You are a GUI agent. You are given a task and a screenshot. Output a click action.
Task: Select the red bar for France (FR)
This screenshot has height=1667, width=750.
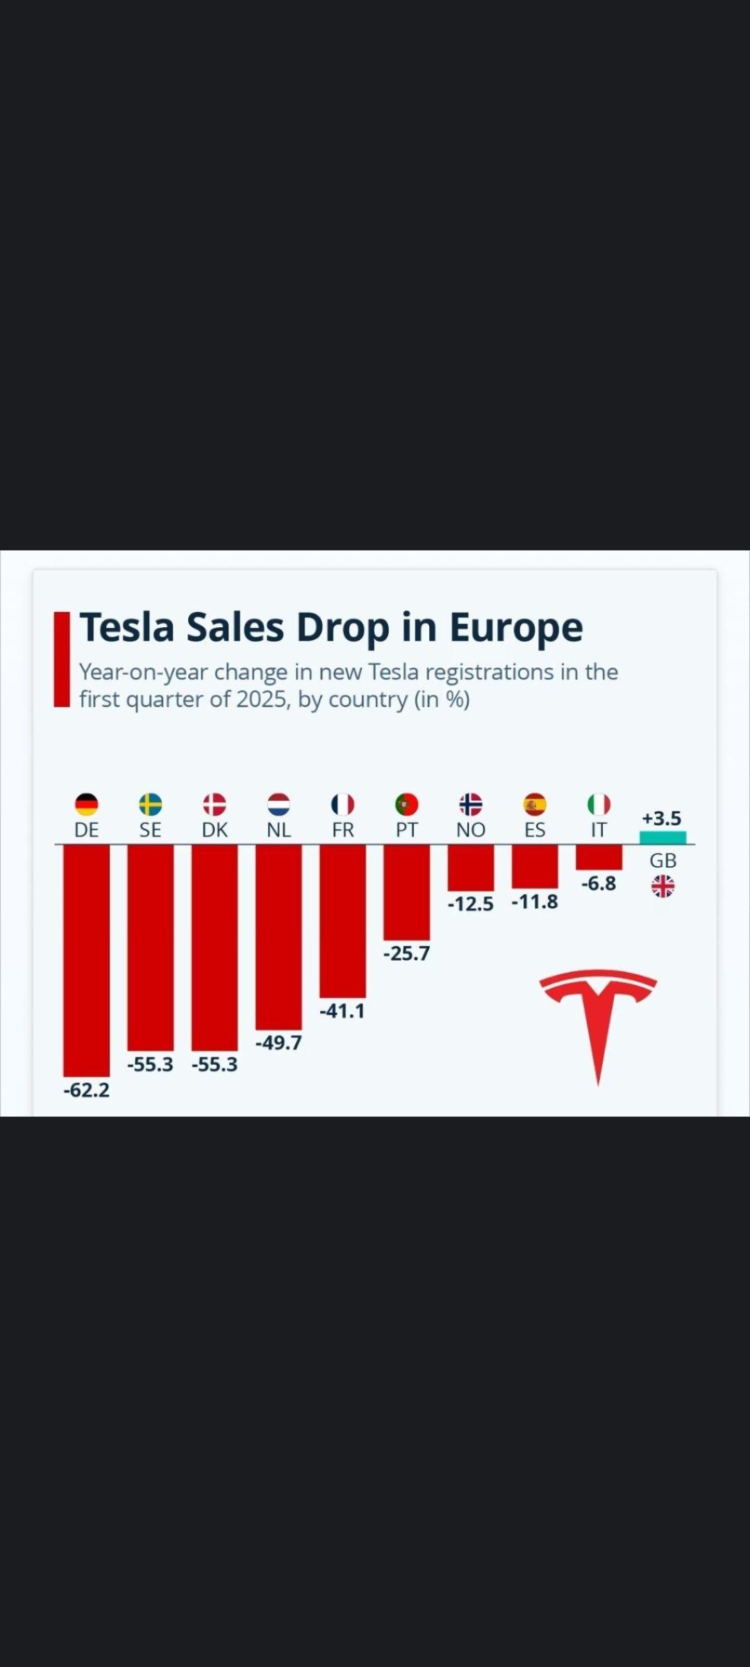(x=342, y=921)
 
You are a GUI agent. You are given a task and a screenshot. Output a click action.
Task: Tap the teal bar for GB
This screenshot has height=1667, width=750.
(x=662, y=838)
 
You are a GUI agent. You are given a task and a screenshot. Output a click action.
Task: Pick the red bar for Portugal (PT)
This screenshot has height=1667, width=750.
(x=406, y=893)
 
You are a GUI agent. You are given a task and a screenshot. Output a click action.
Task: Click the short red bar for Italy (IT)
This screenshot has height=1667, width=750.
(x=599, y=857)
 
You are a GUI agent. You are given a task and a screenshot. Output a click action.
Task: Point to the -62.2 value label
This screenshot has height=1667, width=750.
(x=86, y=1090)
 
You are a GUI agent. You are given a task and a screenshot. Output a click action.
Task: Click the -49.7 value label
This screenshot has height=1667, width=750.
(x=278, y=1043)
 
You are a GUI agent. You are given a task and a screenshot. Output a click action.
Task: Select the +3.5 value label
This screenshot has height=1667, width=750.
(x=661, y=818)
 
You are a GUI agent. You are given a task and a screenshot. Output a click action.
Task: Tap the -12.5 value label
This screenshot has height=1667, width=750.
(x=470, y=904)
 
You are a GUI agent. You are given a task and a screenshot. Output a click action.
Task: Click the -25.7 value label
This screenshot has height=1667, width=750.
(x=406, y=953)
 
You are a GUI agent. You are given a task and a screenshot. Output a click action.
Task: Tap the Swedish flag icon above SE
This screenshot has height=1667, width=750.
(x=150, y=804)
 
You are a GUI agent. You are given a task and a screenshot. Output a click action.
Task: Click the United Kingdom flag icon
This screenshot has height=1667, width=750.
(x=662, y=886)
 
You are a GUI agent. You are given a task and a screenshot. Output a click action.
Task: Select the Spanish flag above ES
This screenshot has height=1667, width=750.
(x=535, y=804)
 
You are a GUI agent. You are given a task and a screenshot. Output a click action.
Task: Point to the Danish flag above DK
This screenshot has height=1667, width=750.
(x=215, y=804)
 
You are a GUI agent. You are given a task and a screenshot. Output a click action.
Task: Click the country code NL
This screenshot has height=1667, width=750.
(x=278, y=830)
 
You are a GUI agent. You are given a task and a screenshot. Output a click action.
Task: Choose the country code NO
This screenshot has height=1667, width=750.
(x=470, y=830)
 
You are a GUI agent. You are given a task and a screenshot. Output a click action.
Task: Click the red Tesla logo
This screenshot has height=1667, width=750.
(x=598, y=1021)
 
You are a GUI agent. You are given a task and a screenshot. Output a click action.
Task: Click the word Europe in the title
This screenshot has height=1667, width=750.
(x=516, y=627)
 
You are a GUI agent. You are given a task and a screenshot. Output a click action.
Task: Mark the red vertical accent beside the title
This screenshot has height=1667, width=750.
(x=62, y=659)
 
